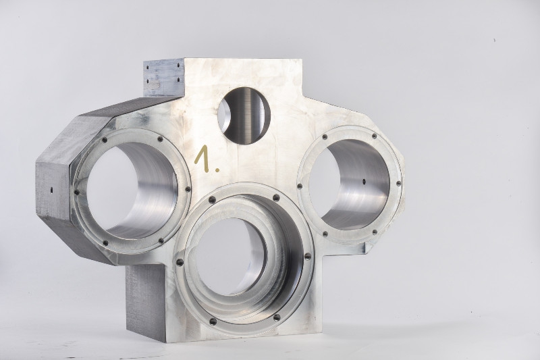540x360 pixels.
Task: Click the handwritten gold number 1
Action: tap(203, 158)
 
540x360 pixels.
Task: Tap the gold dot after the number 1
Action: tap(216, 169)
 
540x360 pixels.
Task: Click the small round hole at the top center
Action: tap(244, 115)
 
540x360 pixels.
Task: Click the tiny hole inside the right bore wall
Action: tap(364, 180)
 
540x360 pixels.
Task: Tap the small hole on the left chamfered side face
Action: tap(51, 190)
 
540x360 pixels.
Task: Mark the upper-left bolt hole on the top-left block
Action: tap(147, 68)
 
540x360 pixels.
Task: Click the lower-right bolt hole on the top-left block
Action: tap(178, 80)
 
